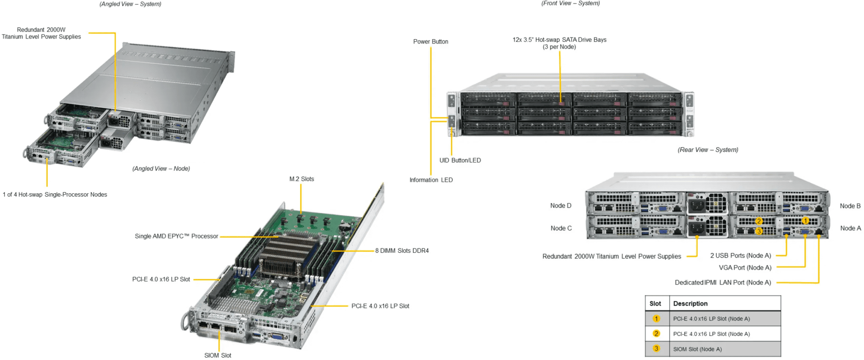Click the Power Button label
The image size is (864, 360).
[x=430, y=41]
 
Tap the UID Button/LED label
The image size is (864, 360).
[x=460, y=160]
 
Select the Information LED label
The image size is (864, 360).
[x=431, y=180]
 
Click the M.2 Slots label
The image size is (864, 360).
[x=301, y=179]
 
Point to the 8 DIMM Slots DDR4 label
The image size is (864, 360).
[x=402, y=251]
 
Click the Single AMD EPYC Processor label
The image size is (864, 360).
[x=176, y=236]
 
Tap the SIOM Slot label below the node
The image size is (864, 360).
[x=218, y=355]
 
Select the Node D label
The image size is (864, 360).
[x=561, y=206]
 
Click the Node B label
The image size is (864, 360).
[x=850, y=206]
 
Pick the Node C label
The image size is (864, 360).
[x=561, y=228]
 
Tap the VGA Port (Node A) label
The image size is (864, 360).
[x=745, y=268]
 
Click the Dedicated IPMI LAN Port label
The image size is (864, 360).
[x=723, y=282]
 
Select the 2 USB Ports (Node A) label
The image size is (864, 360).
[x=740, y=256]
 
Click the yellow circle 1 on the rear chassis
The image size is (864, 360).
[x=805, y=221]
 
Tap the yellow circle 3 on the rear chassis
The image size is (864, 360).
[x=759, y=231]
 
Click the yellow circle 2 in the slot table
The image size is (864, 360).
[x=656, y=333]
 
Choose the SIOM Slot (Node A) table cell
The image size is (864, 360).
[x=697, y=349]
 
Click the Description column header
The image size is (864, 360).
[x=690, y=303]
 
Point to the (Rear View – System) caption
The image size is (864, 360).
[x=707, y=150]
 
